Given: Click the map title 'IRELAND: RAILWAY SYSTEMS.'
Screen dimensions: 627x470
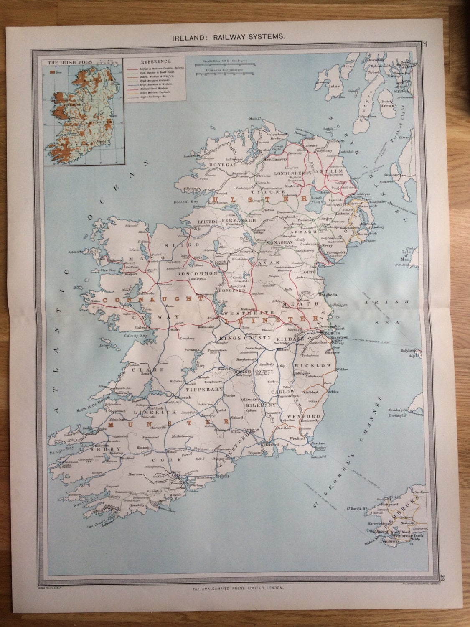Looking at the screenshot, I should (229, 37).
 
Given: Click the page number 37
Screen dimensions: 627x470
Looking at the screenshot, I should (437, 44).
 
